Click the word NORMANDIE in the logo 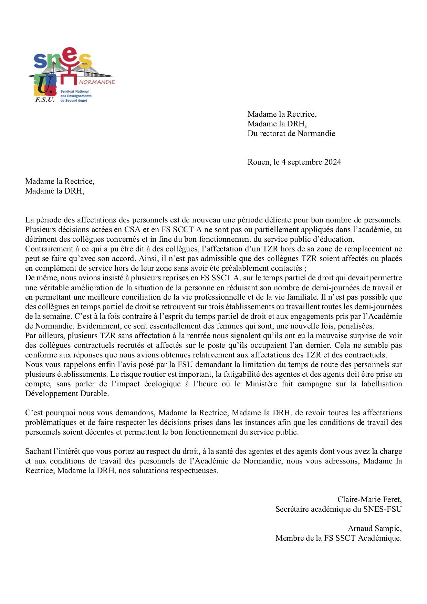(97, 82)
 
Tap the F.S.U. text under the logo (45, 100)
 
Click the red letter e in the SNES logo (70, 55)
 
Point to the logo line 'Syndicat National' (74, 92)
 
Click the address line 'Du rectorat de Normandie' (291, 134)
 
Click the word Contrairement (49, 249)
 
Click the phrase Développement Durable (67, 394)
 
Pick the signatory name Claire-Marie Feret (369, 500)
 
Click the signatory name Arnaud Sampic (375, 529)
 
